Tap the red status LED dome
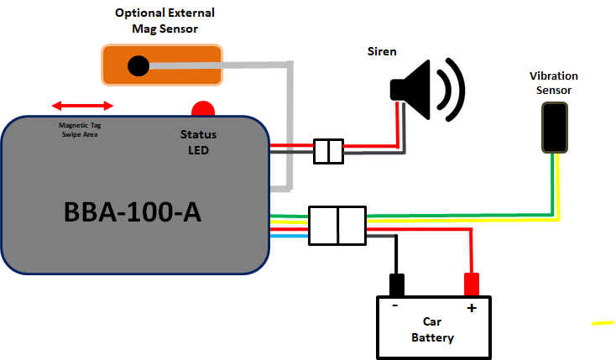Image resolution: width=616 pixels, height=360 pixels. (203, 109)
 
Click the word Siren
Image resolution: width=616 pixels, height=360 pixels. (382, 52)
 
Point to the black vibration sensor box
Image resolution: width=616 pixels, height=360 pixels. (554, 128)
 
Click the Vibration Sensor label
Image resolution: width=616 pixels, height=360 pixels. (554, 83)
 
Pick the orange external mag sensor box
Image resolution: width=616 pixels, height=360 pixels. (162, 65)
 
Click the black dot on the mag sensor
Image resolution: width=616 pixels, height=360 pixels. (138, 65)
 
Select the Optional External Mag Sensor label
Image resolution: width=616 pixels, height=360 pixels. (164, 21)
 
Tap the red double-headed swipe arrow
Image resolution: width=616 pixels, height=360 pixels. (82, 106)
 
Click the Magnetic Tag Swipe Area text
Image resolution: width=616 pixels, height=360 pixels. (82, 129)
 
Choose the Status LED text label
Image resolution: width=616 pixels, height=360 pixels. (199, 141)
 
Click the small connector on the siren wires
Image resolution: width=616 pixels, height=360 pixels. (328, 152)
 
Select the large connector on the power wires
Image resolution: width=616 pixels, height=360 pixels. (337, 226)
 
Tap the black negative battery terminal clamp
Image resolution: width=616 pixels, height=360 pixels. (394, 284)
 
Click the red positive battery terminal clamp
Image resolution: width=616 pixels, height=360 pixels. (472, 284)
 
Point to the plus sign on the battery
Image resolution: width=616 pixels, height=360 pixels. (472, 308)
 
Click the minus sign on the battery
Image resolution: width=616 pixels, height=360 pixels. (394, 307)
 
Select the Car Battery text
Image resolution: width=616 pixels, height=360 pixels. (433, 330)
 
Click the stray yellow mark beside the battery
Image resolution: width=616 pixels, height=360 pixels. (603, 322)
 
